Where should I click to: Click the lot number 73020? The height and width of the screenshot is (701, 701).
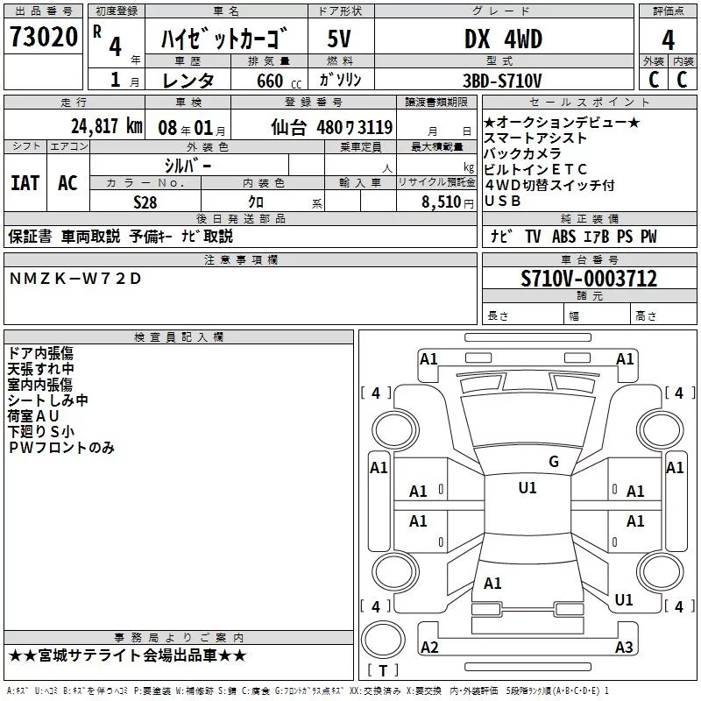[x=44, y=37]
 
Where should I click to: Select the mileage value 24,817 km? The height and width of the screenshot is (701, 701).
[x=107, y=126]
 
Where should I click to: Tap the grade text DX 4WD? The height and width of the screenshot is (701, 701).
[x=503, y=39]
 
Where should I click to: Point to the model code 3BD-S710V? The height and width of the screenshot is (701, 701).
[x=502, y=81]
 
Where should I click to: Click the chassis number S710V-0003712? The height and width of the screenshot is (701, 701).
[x=589, y=279]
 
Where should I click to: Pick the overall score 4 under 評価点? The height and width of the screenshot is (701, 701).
[x=668, y=40]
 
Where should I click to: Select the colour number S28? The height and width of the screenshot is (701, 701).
[x=145, y=202]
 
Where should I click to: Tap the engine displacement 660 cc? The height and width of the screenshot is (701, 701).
[x=279, y=81]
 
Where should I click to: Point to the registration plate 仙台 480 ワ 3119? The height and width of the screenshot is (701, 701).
[x=332, y=127]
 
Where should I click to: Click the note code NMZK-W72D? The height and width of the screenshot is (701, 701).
[x=75, y=279]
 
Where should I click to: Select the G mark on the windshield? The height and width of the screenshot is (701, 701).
[x=554, y=462]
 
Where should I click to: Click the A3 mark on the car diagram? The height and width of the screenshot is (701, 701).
[x=624, y=647]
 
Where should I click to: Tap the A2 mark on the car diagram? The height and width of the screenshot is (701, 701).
[x=429, y=647]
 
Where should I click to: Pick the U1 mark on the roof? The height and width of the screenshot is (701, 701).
[x=528, y=487]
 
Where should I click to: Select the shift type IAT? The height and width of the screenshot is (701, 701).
[x=25, y=183]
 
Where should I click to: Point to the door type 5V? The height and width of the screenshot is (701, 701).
[x=339, y=39]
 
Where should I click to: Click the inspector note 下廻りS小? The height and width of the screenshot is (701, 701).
[x=41, y=431]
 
